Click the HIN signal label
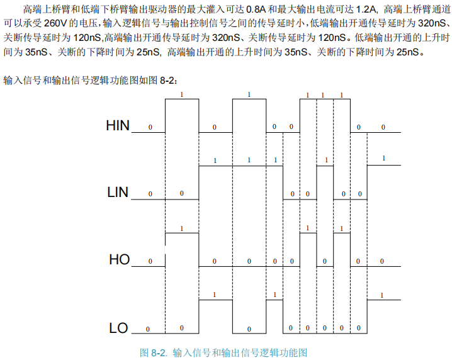click(118, 126)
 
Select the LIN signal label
click(118, 193)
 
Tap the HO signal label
click(119, 259)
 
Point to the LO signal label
click(118, 328)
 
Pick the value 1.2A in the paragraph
click(366, 9)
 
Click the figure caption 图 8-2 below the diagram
click(223, 352)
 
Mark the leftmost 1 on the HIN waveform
click(182, 94)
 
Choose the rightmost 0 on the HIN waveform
click(383, 127)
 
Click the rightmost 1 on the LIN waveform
click(384, 158)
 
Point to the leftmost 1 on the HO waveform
click(182, 228)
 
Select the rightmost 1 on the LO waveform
click(382, 295)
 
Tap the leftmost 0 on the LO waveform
click(148, 329)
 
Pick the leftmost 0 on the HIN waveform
click(150, 127)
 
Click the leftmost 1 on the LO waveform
click(215, 295)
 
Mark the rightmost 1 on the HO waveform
click(341, 228)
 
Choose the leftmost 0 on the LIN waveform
click(150, 194)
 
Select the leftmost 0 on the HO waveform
click(150, 261)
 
